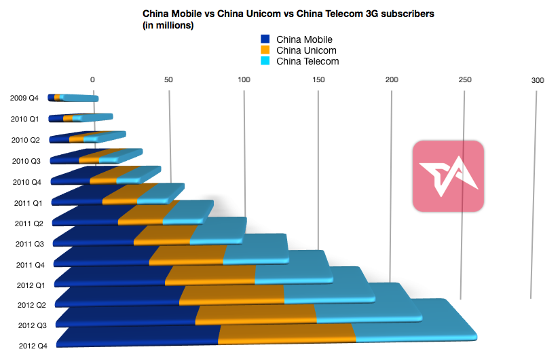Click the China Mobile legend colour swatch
265,39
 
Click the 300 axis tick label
538,80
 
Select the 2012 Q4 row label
33,346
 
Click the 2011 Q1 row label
29,202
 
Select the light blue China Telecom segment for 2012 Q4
414,333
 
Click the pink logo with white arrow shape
448,175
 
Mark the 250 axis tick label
465,80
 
